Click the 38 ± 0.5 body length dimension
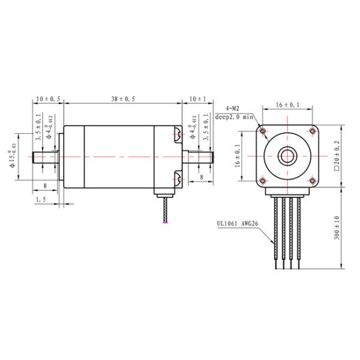(122, 98)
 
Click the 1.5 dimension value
(41, 199)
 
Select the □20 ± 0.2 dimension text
(337, 155)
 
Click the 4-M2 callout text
(233, 107)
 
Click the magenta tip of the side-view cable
(166, 223)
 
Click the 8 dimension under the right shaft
(201, 178)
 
